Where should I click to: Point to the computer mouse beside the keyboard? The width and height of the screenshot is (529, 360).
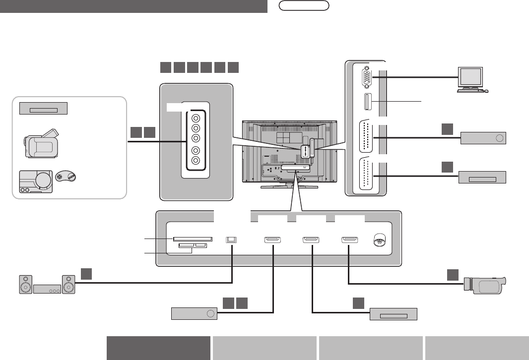[486, 91]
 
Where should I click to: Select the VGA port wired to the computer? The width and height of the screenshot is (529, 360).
[366, 77]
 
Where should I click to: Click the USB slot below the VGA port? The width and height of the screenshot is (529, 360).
[367, 102]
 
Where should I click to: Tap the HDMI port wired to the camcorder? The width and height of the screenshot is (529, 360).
[349, 240]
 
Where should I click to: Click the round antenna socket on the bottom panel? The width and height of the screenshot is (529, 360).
[379, 240]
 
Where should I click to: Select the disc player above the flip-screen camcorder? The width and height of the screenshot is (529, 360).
[43, 108]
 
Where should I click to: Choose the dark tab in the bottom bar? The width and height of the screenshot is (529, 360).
[159, 347]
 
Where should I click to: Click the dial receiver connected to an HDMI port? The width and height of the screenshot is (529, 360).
[194, 314]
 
